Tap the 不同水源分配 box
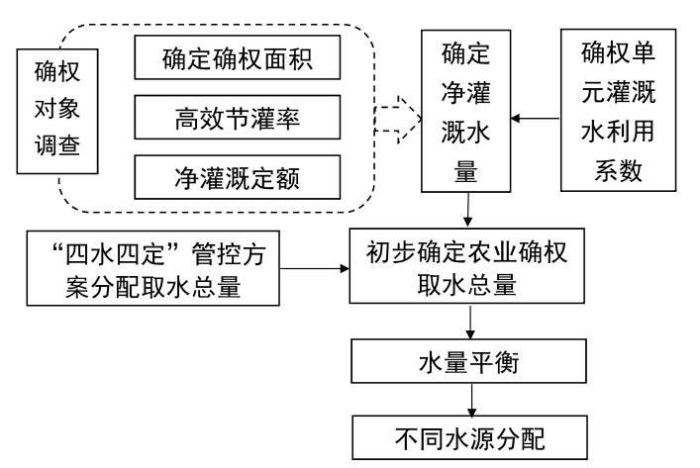click(467, 432)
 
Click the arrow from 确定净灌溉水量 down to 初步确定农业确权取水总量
click(466, 211)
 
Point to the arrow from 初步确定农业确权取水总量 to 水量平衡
click(467, 325)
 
